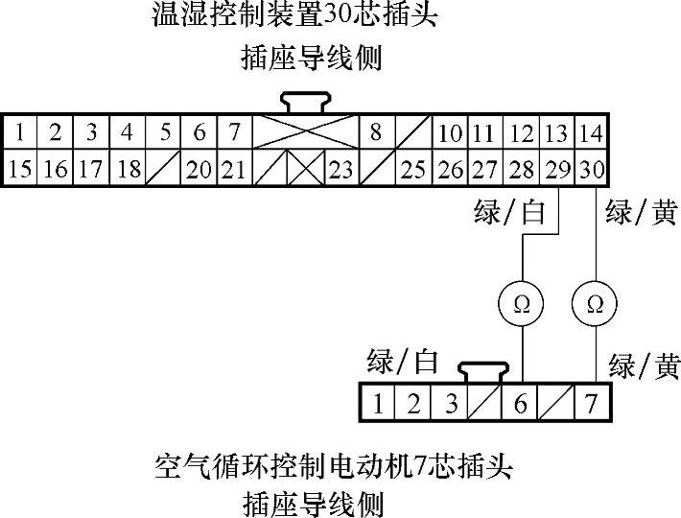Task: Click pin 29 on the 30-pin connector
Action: [556, 170]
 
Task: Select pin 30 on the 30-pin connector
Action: [592, 170]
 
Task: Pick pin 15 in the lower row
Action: [19, 170]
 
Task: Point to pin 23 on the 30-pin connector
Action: [340, 170]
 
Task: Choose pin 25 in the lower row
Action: [412, 170]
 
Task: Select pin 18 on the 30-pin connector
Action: [128, 170]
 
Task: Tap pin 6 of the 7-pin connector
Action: [520, 403]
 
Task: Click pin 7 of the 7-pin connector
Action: [592, 403]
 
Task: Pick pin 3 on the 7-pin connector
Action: [450, 403]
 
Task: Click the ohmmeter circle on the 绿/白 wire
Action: [522, 304]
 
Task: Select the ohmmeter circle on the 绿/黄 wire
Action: [594, 304]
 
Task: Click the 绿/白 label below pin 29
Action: [510, 212]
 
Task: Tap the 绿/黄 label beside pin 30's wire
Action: [641, 212]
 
